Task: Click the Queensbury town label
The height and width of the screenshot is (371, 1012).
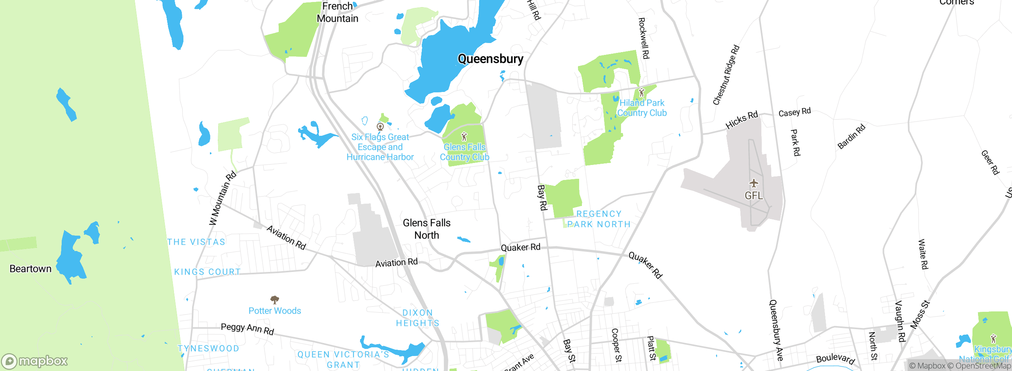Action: pos(490,59)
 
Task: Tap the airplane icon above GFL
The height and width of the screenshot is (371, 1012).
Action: pos(754,183)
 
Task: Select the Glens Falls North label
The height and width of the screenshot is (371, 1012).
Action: pos(427,229)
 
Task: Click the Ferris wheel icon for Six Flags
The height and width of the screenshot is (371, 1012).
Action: pos(380,127)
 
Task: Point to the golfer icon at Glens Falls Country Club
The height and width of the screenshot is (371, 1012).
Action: pos(464,137)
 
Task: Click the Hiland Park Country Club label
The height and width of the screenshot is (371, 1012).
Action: pos(642,108)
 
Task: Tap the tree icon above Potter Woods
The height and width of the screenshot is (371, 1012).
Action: pos(274,300)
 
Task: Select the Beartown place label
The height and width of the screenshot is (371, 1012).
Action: pos(30,269)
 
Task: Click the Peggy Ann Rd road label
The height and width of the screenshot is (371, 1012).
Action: pos(247,329)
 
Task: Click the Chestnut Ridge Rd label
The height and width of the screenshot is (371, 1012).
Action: pos(726,75)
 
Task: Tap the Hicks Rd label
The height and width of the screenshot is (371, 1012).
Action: pos(742,120)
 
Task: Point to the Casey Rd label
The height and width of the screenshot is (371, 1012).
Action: pos(795,112)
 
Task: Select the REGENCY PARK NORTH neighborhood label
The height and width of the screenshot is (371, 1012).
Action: pos(599,219)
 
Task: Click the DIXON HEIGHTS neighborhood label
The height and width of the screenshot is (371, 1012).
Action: pos(417,318)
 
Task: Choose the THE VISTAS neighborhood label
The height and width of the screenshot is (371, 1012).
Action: pos(196,242)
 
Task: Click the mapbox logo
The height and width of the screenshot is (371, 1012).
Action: pos(35,361)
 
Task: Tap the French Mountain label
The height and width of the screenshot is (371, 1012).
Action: pos(338,12)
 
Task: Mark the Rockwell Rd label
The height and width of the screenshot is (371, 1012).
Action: pos(644,38)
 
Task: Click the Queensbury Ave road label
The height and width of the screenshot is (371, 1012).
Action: pos(776,330)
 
